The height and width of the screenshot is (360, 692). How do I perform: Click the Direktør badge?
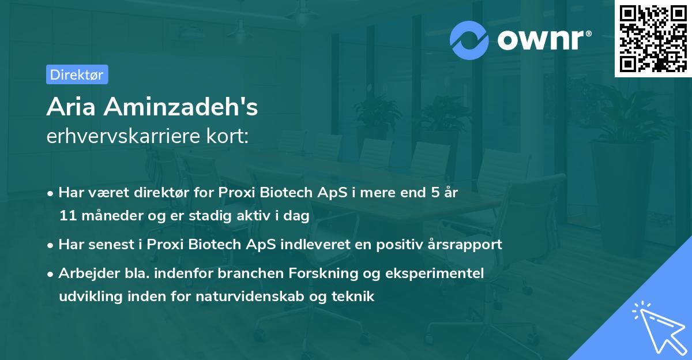77,74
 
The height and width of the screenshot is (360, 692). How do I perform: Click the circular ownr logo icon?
469,40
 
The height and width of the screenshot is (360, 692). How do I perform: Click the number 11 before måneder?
66,216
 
